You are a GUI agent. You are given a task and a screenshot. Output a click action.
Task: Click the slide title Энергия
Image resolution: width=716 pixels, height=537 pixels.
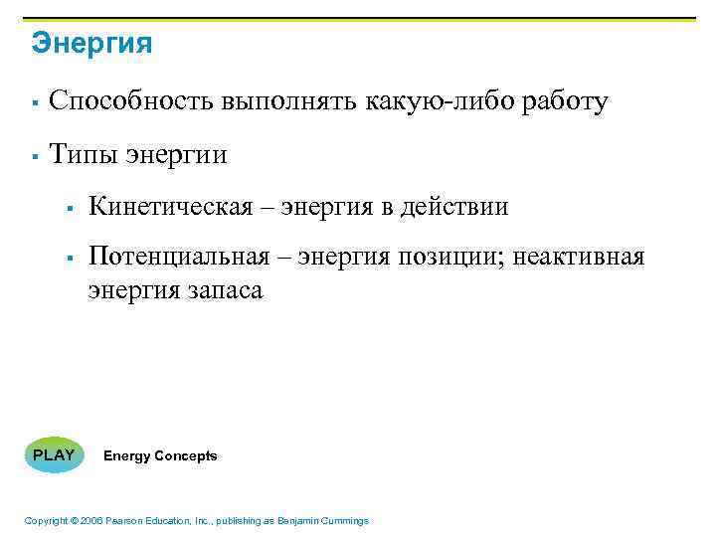point(91,44)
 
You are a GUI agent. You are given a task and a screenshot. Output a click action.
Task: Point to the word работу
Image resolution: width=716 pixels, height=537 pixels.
point(564,102)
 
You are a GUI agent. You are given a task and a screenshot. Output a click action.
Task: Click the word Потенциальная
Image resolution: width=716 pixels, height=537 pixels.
point(179,258)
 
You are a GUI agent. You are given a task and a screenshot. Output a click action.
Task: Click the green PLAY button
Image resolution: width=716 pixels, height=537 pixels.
point(54,455)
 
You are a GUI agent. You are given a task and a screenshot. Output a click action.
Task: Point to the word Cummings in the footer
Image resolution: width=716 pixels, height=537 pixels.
point(344,521)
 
